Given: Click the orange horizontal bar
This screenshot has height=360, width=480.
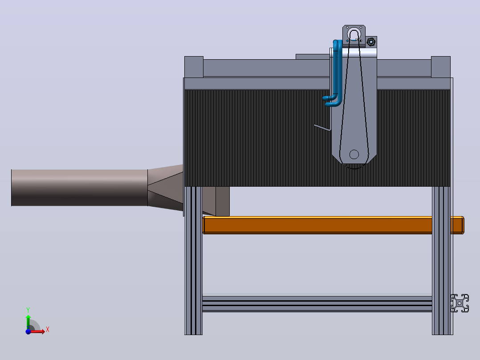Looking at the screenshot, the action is click(x=333, y=225).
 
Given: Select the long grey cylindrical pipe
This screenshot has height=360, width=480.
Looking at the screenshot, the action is click(x=79, y=188).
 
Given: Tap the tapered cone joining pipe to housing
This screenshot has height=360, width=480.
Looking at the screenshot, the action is click(x=165, y=188).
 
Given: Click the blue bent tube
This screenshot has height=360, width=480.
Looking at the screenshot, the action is click(x=336, y=74).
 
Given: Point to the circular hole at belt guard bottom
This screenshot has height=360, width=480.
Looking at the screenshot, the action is click(x=354, y=154).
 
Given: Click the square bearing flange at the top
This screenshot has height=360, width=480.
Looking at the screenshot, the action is click(x=354, y=35).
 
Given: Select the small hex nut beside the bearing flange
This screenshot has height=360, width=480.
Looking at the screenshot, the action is click(x=371, y=42).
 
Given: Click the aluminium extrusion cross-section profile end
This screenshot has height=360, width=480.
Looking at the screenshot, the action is click(x=460, y=303).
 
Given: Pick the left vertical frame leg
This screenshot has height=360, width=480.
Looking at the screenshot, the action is click(x=193, y=261).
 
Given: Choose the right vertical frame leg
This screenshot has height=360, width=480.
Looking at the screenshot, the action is click(x=442, y=261).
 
